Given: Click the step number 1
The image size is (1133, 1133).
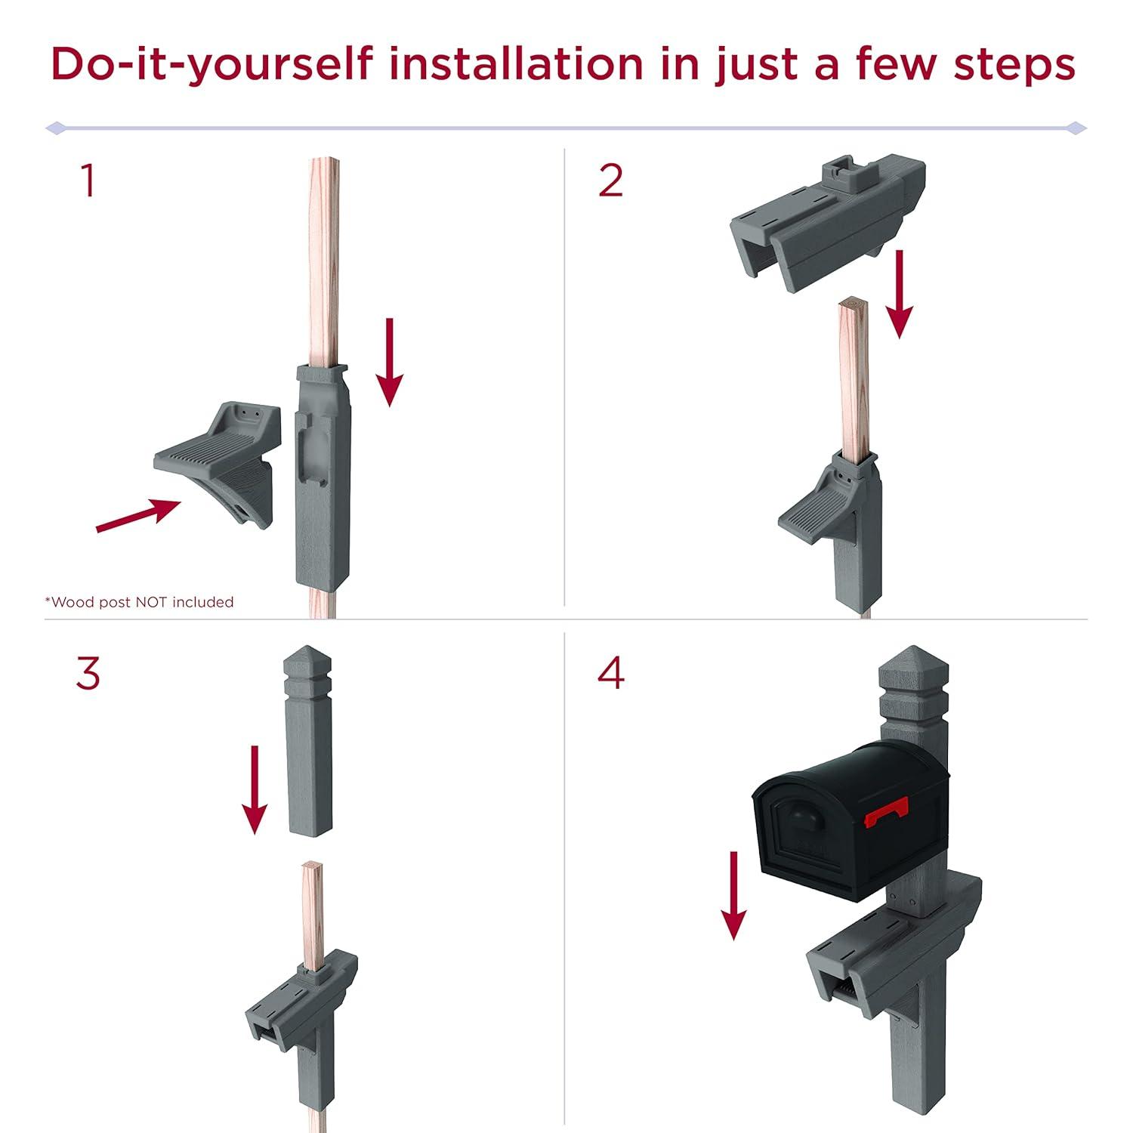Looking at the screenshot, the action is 89,181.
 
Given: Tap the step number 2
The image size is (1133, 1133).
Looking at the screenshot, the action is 610,181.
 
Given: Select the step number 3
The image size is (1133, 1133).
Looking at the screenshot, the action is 88,673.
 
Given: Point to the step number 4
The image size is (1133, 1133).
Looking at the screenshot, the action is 611,673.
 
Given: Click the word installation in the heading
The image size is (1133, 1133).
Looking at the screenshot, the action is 516,63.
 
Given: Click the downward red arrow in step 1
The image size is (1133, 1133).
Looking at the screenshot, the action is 390,363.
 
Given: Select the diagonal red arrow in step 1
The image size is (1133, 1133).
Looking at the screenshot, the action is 139,515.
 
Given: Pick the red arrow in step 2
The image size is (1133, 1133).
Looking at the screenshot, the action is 900,294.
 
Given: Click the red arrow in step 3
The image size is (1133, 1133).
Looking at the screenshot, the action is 255,790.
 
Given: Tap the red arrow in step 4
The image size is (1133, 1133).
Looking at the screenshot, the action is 733,895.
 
